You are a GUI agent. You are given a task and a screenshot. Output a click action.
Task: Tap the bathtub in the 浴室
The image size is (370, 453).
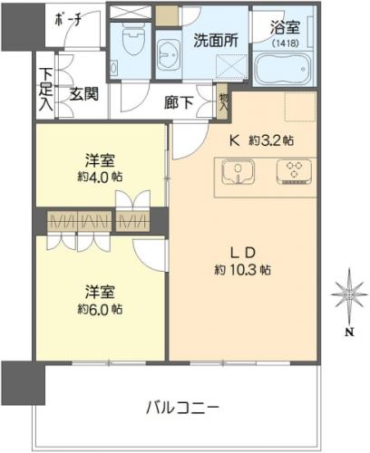pyautogui.click(x=283, y=69)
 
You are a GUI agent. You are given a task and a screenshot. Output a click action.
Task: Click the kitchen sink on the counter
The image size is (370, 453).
pyautogui.click(x=238, y=172)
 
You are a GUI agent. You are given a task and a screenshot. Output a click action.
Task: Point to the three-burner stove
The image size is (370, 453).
pyautogui.click(x=294, y=172)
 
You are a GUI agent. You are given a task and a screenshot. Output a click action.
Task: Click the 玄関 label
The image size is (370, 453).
pyautogui.click(x=84, y=94)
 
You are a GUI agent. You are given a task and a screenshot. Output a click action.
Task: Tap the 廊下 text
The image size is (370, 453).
pyautogui.click(x=179, y=102)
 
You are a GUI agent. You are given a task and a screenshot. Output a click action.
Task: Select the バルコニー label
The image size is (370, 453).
pyautogui.click(x=182, y=408)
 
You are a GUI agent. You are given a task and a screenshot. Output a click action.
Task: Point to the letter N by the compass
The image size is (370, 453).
pyautogui.click(x=350, y=333)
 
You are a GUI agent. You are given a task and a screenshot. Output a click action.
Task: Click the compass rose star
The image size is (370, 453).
pyautogui.click(x=349, y=294)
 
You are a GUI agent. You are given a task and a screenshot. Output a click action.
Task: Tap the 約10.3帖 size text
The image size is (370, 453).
pyautogui.click(x=242, y=270)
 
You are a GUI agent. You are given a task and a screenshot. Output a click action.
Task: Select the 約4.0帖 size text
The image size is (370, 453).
pyautogui.click(x=100, y=177)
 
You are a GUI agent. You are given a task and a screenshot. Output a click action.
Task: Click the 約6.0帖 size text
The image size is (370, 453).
pyautogui.click(x=100, y=309)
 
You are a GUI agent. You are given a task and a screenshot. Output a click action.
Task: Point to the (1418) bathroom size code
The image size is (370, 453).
pyautogui.click(x=286, y=43)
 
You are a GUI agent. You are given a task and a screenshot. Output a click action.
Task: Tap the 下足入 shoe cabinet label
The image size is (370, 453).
pyautogui.click(x=46, y=90)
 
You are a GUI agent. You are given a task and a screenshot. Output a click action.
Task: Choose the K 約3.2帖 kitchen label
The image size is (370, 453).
pyautogui.click(x=261, y=140)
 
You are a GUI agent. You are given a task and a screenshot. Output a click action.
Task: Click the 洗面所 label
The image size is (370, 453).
pyautogui.click(x=216, y=40)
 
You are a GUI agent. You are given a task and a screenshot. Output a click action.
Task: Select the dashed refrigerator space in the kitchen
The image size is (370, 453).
pyautogui.click(x=300, y=106)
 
